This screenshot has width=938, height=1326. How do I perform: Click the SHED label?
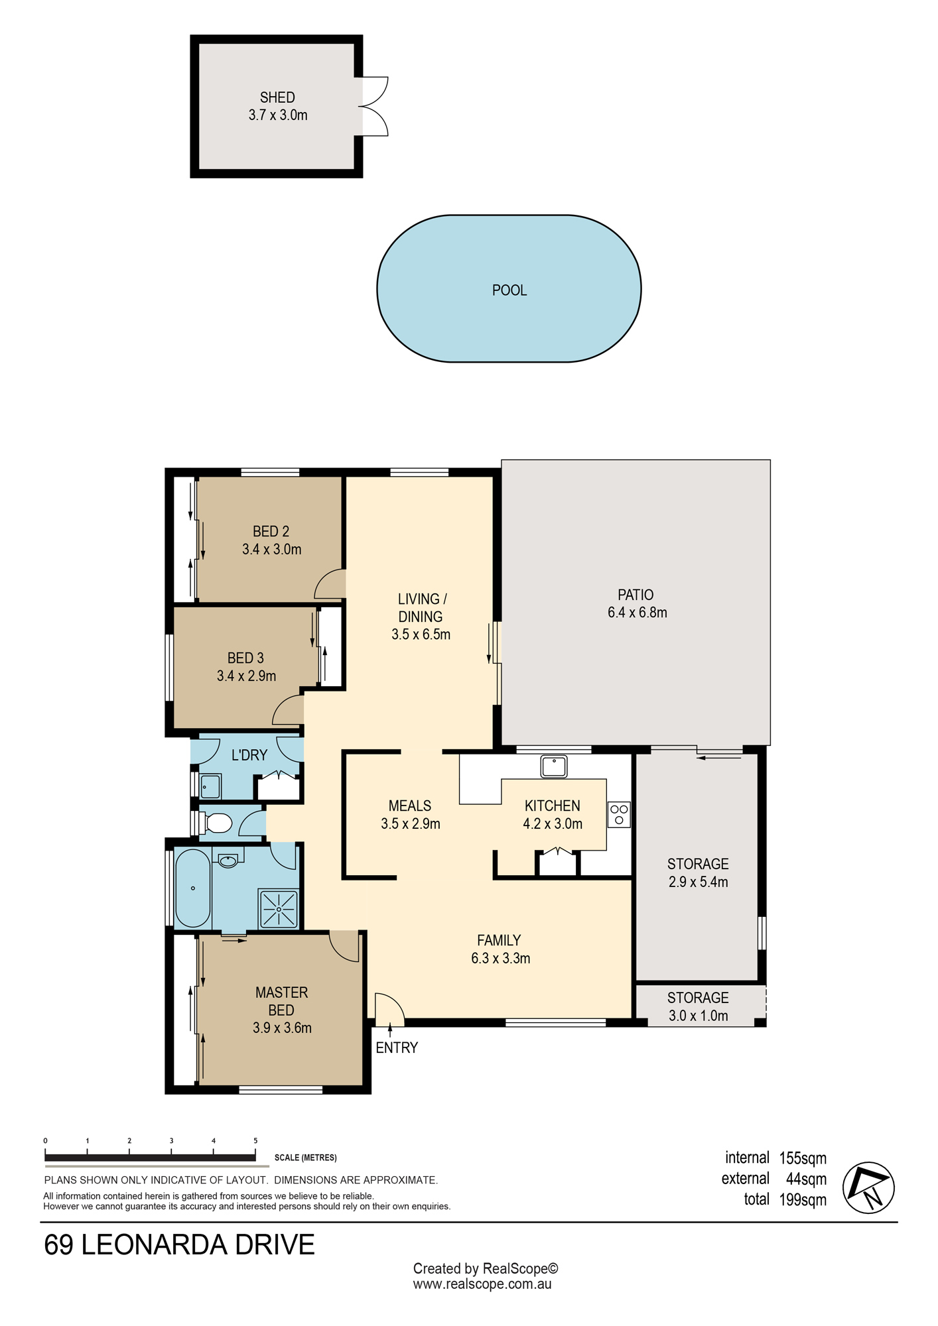[x=277, y=97]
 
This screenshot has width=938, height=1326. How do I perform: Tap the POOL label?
[x=509, y=290]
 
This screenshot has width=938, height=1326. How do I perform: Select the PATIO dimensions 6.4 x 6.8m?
[x=637, y=613]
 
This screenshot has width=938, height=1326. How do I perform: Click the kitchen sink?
[x=554, y=766]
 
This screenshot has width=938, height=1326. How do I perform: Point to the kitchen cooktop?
[x=619, y=814]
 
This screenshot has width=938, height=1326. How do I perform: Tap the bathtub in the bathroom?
[x=192, y=888]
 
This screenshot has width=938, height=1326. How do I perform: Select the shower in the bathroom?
[x=279, y=908]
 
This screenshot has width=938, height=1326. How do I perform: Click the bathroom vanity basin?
[x=228, y=861]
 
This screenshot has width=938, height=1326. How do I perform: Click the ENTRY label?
[x=397, y=1048]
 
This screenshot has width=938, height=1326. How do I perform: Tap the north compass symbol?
[x=868, y=1187]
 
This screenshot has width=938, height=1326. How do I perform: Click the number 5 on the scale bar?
[x=255, y=1140]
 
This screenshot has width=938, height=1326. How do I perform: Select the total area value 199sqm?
[x=803, y=1200]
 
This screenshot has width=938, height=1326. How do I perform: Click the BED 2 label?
[x=271, y=532]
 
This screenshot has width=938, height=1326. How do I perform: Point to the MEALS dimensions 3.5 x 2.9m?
[x=411, y=823]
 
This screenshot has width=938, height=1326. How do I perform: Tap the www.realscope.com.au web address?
[x=482, y=1284]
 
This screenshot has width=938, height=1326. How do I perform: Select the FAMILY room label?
[x=499, y=940]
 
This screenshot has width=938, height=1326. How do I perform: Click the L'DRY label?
[x=249, y=755]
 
